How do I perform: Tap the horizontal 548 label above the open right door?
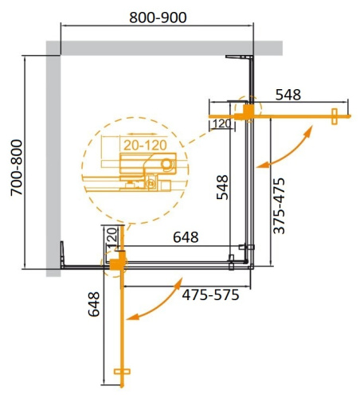click(x=288, y=95)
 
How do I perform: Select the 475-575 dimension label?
click(x=209, y=293)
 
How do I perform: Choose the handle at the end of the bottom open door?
click(x=121, y=371)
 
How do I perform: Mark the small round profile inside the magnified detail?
click(x=166, y=165)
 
